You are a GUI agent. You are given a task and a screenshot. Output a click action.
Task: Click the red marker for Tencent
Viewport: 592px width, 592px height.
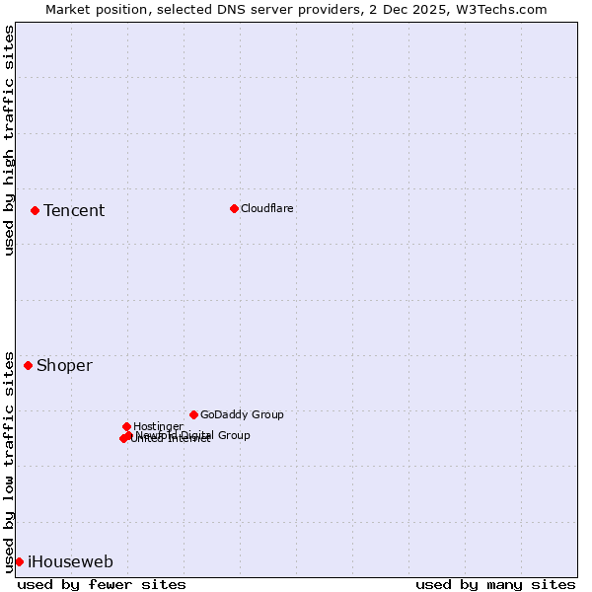[x=35, y=210]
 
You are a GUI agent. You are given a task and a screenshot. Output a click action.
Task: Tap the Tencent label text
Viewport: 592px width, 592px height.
[x=74, y=210]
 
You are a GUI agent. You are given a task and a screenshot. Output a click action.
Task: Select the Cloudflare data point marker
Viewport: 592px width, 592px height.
[x=234, y=208]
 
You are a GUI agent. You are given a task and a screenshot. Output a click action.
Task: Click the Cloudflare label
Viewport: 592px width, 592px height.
[x=266, y=208]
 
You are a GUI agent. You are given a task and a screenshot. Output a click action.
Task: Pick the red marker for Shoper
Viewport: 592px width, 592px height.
[x=28, y=365]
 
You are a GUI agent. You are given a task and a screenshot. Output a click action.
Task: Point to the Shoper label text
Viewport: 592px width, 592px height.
[x=64, y=365]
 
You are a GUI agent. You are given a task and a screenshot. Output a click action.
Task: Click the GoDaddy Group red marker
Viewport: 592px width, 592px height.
[x=193, y=414]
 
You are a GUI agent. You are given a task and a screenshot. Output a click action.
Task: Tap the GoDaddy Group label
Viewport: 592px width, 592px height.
[x=242, y=414]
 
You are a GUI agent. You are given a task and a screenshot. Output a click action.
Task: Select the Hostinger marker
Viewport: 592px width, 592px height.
[x=126, y=426]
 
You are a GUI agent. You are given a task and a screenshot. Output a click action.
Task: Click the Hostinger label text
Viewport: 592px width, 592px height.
[x=158, y=426]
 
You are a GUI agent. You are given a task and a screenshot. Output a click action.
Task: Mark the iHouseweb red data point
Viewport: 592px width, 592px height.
[x=19, y=561]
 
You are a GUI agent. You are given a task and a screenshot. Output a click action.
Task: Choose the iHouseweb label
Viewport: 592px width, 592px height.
[x=70, y=561]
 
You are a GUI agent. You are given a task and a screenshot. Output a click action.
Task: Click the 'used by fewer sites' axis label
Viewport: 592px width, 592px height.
[x=102, y=584]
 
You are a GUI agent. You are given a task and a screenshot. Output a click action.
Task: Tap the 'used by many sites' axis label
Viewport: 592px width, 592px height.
[x=495, y=584]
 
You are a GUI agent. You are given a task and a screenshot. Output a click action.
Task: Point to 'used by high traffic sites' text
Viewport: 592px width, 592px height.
[x=9, y=140]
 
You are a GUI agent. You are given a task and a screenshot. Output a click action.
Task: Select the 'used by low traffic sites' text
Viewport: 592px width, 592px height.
[x=9, y=462]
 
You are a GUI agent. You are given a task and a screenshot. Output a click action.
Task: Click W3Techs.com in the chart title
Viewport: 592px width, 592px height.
[x=509, y=9]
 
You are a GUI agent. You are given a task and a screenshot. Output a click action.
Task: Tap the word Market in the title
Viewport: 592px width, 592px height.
[x=67, y=9]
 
